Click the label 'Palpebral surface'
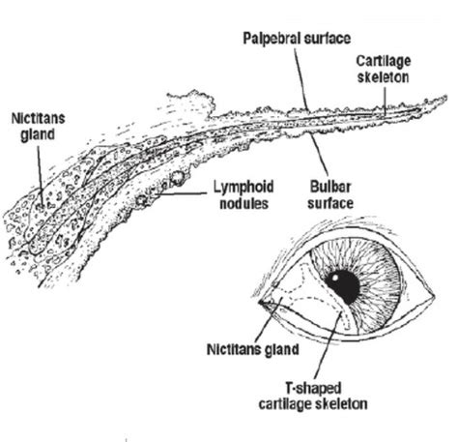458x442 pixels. coord(297,39)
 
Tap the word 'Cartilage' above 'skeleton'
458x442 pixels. coord(384,62)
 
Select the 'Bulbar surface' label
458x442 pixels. coord(330,194)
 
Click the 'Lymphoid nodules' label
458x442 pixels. coord(243,194)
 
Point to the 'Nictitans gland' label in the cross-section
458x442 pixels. coord(38,127)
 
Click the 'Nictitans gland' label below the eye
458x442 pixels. coord(253,349)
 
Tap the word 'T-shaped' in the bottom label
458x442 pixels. coord(313,388)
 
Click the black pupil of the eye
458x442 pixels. coord(343,286)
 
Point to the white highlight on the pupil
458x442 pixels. coord(335,277)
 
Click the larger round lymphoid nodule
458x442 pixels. coord(178,177)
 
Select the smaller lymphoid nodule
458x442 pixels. coord(141,201)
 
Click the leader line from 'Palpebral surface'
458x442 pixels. coord(301,79)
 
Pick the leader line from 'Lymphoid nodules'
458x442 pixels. coord(182,194)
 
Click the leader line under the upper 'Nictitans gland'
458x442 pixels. coord(40,174)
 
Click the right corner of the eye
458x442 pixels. coord(435,296)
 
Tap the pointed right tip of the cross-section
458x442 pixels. coord(446,96)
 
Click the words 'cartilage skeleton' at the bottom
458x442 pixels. coord(313,404)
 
